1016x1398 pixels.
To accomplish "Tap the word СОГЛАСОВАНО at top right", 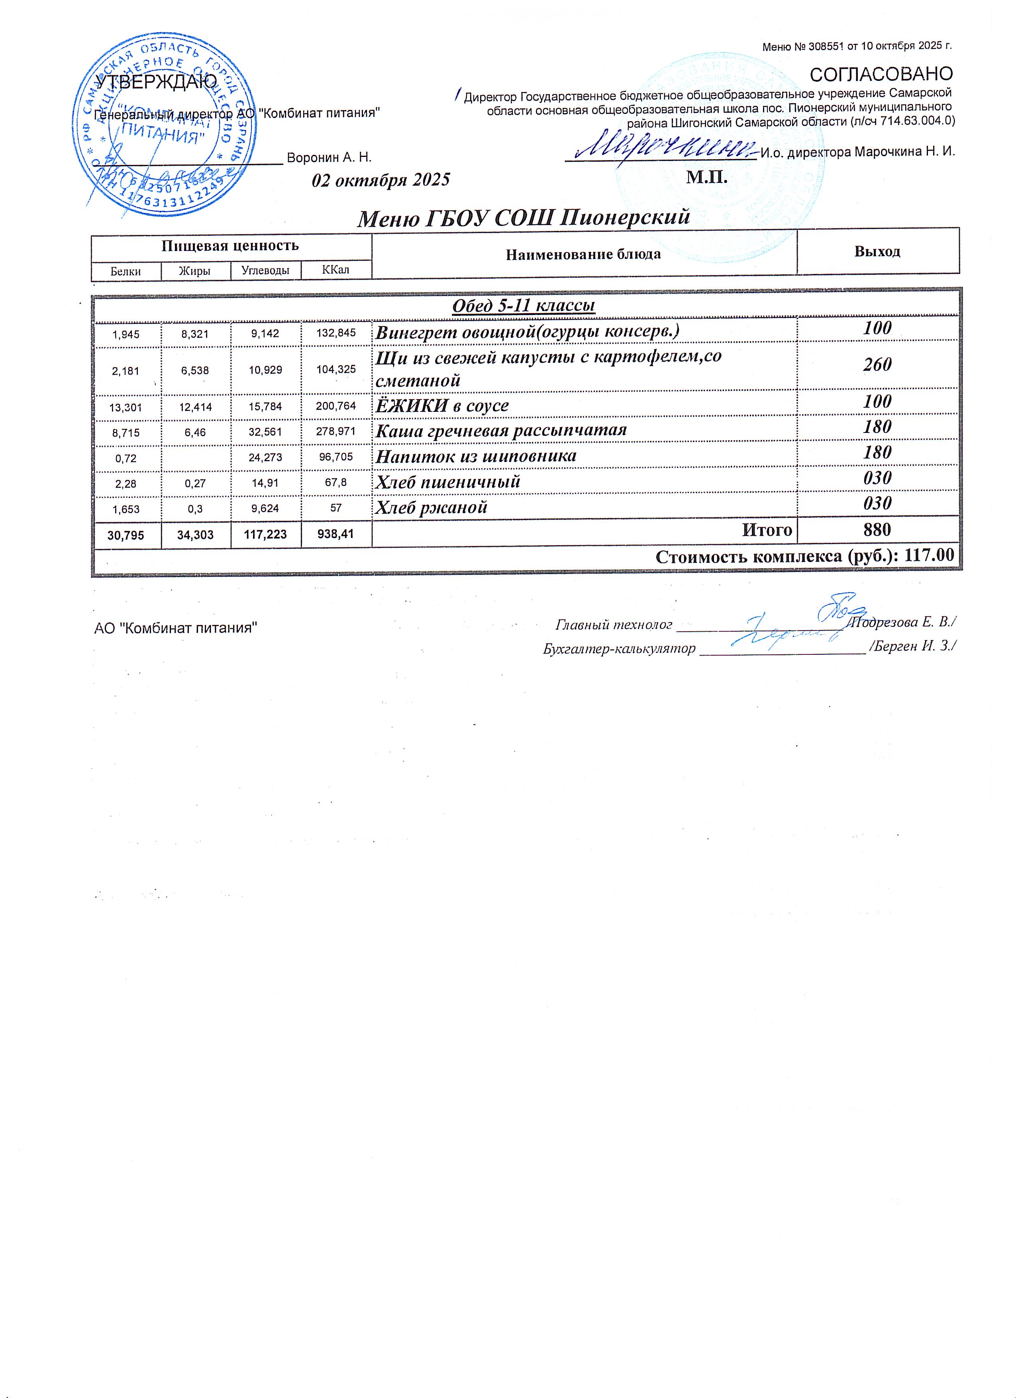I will click(x=881, y=74).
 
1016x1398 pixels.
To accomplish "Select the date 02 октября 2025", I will click(x=381, y=180).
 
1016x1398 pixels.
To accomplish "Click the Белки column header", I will click(x=126, y=270).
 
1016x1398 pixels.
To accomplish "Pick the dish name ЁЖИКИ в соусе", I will click(x=442, y=405).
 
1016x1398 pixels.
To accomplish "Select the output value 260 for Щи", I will click(x=877, y=365).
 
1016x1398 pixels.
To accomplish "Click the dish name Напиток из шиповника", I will click(x=476, y=456).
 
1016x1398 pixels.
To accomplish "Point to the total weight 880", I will click(x=877, y=529).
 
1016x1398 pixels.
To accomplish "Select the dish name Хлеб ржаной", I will click(x=432, y=507).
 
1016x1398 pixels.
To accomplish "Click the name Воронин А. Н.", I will click(x=329, y=158).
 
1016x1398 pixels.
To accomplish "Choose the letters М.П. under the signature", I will click(x=706, y=178).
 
